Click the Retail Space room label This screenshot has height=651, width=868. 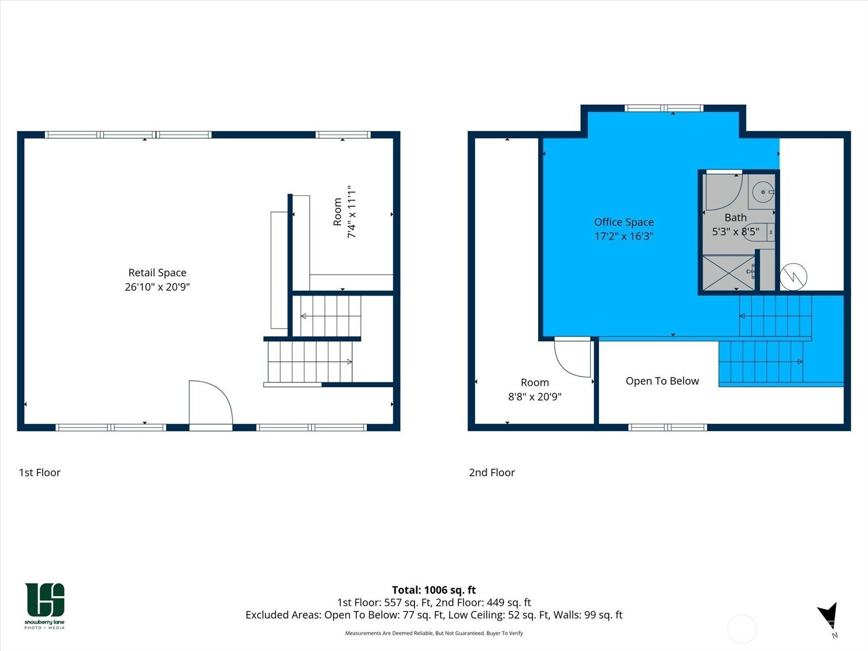157,272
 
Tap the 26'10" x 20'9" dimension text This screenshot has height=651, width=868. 157,286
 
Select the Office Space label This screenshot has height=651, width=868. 624,222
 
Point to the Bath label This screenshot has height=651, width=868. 736,218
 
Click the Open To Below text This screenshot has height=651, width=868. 662,381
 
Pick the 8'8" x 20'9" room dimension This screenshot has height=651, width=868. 535,397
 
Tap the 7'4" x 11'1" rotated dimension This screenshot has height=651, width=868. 352,212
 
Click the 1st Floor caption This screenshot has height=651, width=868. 40,473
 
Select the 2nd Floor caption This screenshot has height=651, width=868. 492,473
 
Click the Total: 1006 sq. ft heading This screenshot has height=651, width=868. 434,590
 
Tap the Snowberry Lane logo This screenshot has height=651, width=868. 44,605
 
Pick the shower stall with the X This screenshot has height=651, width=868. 729,273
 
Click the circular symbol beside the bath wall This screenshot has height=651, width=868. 793,277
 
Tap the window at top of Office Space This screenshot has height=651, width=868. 664,108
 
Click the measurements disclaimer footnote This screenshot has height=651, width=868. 434,633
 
